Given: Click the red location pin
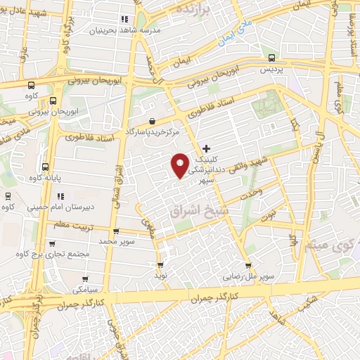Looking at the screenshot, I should [180, 165].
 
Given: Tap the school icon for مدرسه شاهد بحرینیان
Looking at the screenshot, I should [125, 20].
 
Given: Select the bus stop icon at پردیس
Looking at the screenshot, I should [270, 59].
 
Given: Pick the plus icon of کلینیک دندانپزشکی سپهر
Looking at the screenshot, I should [206, 148].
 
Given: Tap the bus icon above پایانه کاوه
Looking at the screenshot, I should [46, 167].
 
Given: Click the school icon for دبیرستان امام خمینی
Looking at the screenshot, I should [59, 196].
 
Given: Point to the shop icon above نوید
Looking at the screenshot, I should [161, 266].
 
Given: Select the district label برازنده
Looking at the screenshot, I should [193, 12].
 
